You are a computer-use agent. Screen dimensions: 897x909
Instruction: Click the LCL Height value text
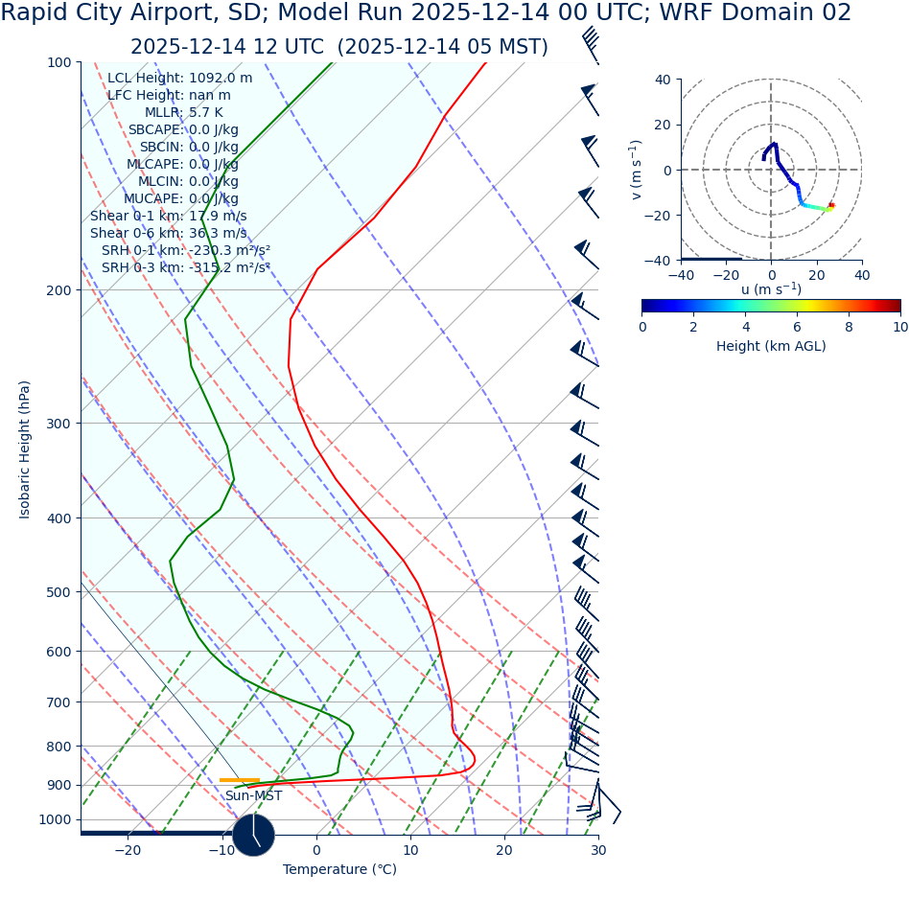coord(221,79)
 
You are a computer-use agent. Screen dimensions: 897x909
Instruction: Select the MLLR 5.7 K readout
coord(183,113)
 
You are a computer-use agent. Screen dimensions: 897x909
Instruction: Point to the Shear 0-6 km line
coord(168,234)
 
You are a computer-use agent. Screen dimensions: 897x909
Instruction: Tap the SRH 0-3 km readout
coord(185,268)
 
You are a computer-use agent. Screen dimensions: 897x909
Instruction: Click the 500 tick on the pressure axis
coord(58,592)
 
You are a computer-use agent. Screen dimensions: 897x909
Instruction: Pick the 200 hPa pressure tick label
coord(58,290)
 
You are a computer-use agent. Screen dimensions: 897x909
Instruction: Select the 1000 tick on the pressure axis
coord(55,820)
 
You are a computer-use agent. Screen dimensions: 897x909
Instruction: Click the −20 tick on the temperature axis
coord(128,850)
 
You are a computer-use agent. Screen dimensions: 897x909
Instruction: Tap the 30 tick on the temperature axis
coord(598,850)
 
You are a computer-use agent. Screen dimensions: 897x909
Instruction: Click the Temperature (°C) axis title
coord(339,870)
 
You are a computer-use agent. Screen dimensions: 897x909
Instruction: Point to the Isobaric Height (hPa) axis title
coord(25,449)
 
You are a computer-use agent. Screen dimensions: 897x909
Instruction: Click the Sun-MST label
coord(253,796)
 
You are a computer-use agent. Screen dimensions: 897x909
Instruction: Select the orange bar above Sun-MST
coord(240,780)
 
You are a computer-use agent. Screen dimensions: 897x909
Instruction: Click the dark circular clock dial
coord(253,835)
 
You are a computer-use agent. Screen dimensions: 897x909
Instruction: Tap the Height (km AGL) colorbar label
coord(771,347)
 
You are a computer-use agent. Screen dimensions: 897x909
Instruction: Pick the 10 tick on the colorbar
coord(900,327)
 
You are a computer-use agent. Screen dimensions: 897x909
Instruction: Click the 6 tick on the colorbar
coord(797,327)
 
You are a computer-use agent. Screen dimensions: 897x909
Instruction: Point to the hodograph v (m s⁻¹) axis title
coord(636,170)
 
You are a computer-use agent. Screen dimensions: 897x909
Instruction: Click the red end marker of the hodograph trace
coord(831,205)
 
